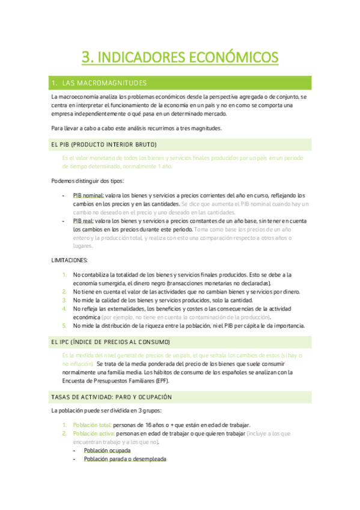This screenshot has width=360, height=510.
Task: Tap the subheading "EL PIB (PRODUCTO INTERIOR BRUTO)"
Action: pyautogui.click(x=104, y=145)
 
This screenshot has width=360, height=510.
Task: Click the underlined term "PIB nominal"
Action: pyautogui.click(x=88, y=195)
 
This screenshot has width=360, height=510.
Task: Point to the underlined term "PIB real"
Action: pyautogui.click(x=84, y=221)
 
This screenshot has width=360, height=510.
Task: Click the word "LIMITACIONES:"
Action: pyautogui.click(x=70, y=260)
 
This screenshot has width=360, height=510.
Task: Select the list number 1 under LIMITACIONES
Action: pyautogui.click(x=64, y=275)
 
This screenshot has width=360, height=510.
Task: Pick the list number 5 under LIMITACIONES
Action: pyautogui.click(x=64, y=326)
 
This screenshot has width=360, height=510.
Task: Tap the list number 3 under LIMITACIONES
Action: pyautogui.click(x=64, y=300)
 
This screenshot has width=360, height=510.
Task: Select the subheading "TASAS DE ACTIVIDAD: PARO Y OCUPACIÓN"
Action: pyautogui.click(x=112, y=398)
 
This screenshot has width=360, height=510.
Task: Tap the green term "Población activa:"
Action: pyautogui.click(x=94, y=433)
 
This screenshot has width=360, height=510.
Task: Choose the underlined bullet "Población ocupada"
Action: pyautogui.click(x=108, y=450)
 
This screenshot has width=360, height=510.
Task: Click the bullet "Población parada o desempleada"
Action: pyautogui.click(x=125, y=458)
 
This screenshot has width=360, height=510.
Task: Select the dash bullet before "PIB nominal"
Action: pyautogui.click(x=64, y=195)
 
